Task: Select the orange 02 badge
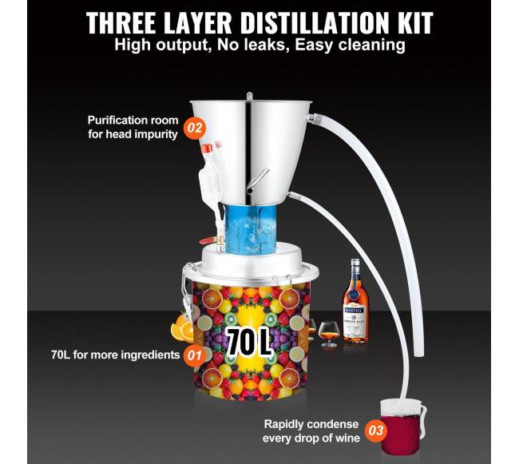194,128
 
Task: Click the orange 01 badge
194,355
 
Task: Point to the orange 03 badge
376,430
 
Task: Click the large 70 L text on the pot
248,342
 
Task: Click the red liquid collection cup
402,427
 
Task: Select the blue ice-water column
250,229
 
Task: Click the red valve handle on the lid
206,241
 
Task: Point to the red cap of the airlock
207,149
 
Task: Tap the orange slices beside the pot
181,329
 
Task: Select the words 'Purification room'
133,121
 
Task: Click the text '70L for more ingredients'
115,355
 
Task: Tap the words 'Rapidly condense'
311,424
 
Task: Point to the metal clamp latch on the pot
187,291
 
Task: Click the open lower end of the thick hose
419,354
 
